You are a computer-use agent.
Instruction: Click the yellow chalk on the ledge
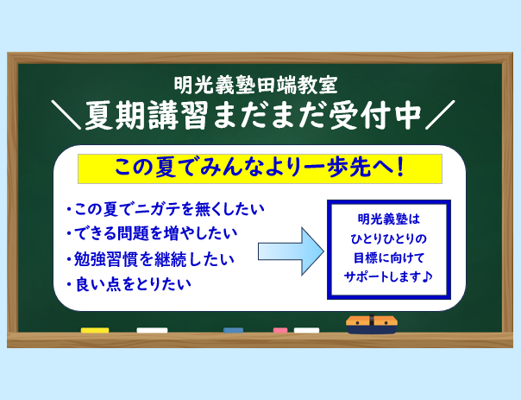pos(95,330)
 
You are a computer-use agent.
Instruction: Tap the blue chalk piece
pos(233,330)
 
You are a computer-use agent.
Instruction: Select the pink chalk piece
pos(280,330)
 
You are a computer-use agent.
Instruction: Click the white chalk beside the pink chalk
pos(306,330)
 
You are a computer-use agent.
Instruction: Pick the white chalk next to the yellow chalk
pos(152,330)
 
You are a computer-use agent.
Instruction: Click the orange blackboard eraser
pos(372,325)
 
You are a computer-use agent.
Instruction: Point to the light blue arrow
pos(291,251)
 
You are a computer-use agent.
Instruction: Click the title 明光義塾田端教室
pos(256,86)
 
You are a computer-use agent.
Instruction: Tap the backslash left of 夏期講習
pos(66,115)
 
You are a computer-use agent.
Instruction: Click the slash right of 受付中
pos(440,115)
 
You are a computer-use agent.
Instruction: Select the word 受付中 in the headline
pos(375,115)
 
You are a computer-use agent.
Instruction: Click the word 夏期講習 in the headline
pos(147,115)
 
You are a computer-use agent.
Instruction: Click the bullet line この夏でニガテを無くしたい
pos(165,210)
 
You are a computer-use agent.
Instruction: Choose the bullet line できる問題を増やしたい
pos(152,233)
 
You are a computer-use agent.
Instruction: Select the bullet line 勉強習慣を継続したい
pos(150,259)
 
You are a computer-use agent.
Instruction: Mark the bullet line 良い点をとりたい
pos(129,284)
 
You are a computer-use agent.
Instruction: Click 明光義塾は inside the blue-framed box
pos(389,219)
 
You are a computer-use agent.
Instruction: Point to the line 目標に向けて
pos(389,258)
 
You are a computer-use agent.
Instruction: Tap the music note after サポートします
pos(427,276)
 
